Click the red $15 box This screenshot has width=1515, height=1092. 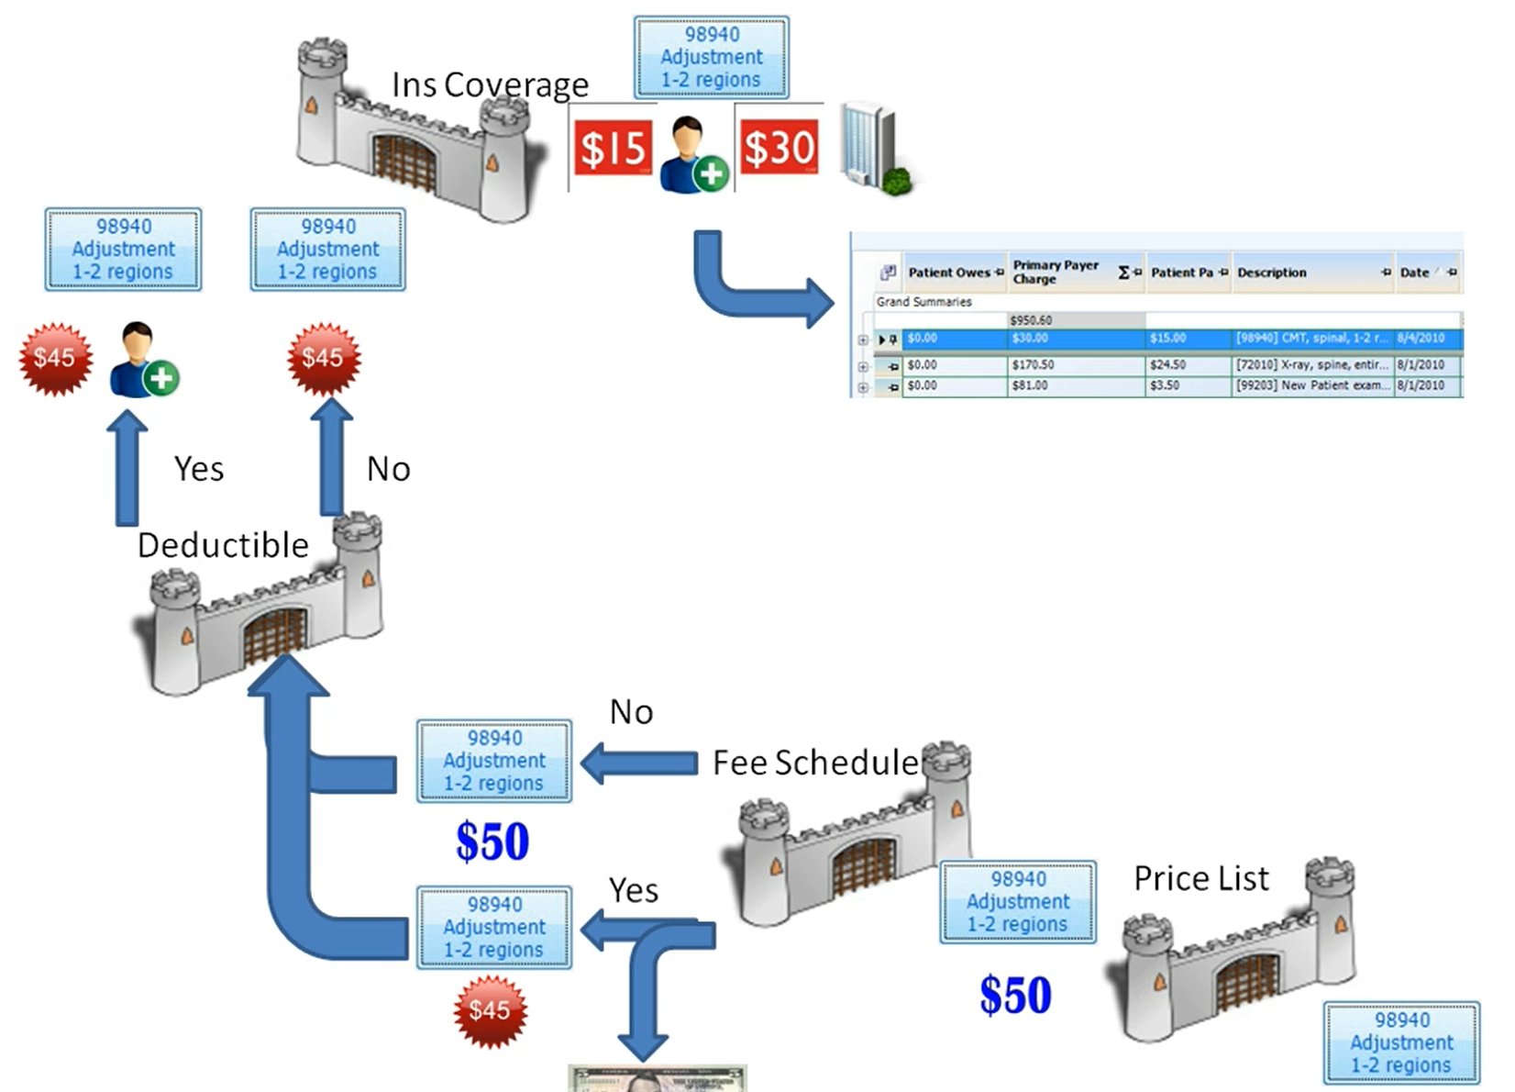click(613, 148)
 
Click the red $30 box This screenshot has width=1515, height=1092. click(779, 148)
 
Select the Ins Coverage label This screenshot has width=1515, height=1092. click(490, 84)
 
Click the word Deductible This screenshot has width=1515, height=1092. click(223, 545)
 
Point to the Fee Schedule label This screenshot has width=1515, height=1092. click(815, 763)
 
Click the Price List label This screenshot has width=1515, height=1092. click(1200, 878)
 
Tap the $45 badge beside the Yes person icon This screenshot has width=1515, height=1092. click(56, 359)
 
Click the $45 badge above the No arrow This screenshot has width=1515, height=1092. click(324, 359)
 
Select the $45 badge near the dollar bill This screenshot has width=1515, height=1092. click(490, 1011)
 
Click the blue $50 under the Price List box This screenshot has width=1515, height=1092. click(1015, 996)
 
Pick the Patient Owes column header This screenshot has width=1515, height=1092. click(949, 273)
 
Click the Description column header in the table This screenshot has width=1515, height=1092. click(1272, 273)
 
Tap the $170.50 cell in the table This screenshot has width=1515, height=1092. click(1033, 365)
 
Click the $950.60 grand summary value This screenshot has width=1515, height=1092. click(1031, 320)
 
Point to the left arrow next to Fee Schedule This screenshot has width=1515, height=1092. click(640, 763)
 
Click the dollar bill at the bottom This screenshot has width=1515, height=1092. click(657, 1077)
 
